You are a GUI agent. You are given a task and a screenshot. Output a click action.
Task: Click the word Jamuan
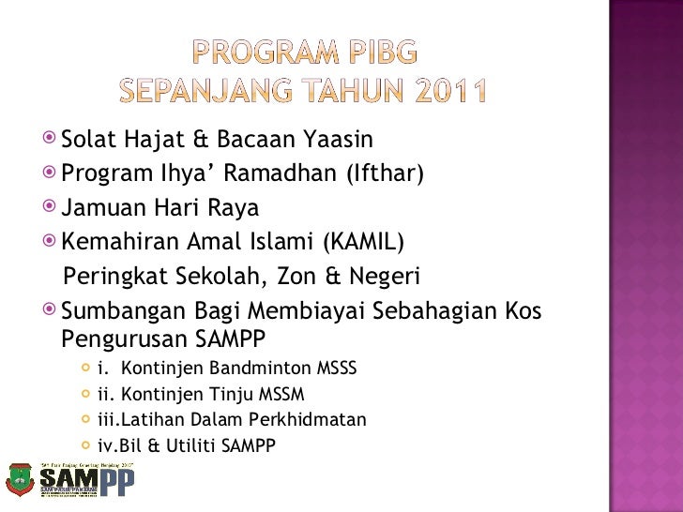(x=99, y=207)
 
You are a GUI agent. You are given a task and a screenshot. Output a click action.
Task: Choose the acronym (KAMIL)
(x=363, y=242)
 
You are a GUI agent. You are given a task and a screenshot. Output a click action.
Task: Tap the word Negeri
(x=378, y=277)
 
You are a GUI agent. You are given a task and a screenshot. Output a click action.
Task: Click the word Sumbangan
(x=117, y=311)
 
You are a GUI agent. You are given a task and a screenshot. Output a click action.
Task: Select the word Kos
(x=522, y=310)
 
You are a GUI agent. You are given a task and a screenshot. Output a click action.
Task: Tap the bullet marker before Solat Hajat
(x=51, y=140)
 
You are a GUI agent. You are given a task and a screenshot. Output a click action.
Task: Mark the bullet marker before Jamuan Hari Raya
(x=51, y=206)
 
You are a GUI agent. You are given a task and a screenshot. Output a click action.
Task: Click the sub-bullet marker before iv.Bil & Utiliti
(x=87, y=446)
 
